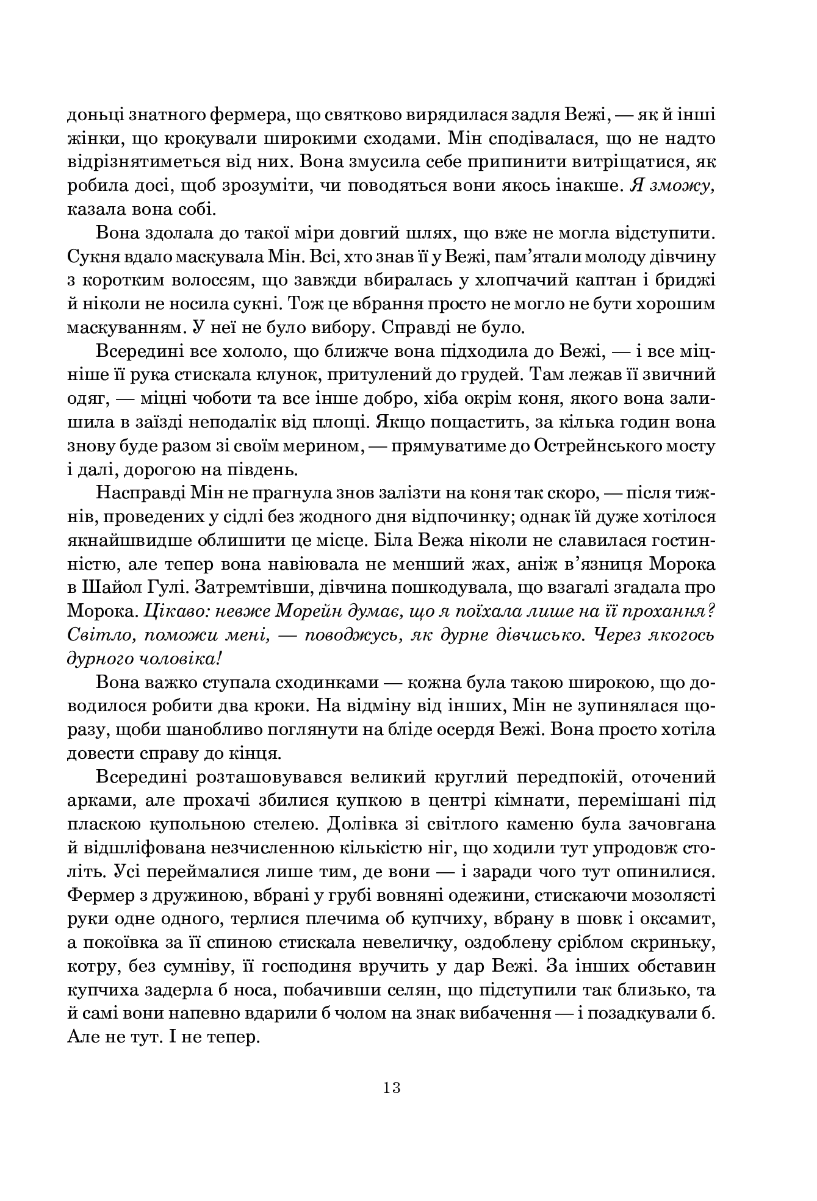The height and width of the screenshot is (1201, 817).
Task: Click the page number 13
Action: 392,1086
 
